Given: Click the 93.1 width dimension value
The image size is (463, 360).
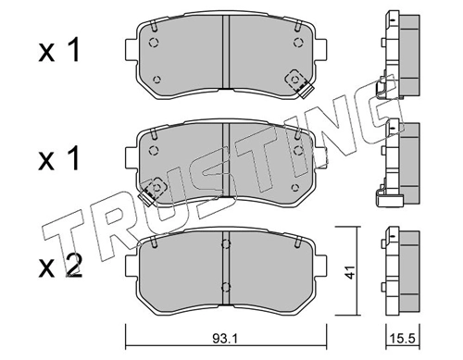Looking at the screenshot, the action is pyautogui.click(x=224, y=340).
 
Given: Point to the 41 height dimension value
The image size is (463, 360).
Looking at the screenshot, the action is pyautogui.click(x=349, y=271).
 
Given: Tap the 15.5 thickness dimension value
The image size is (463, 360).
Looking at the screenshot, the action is pyautogui.click(x=404, y=340).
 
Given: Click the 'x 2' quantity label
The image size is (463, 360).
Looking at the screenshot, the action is pyautogui.click(x=60, y=267).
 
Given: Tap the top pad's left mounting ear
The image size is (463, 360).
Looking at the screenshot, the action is pyautogui.click(x=131, y=50).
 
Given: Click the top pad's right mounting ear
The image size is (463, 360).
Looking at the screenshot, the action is pyautogui.click(x=320, y=50).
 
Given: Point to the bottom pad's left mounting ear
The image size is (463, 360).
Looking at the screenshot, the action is pyautogui.click(x=131, y=266).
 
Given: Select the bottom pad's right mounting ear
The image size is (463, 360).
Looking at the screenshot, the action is pyautogui.click(x=320, y=266).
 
